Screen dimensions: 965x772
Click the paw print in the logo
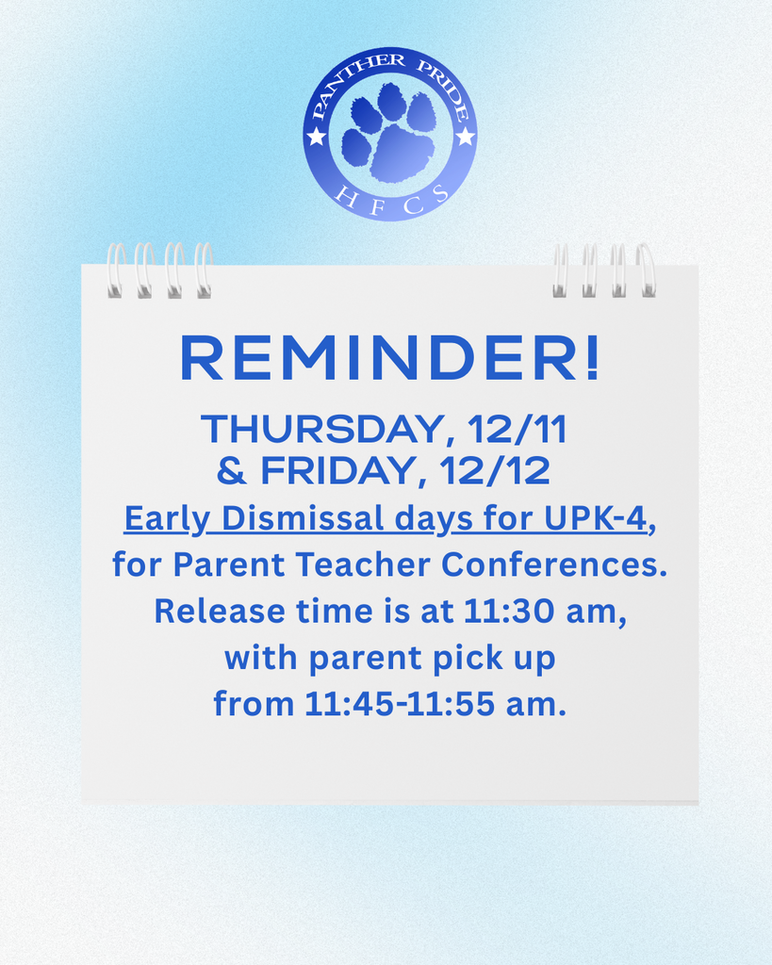389,134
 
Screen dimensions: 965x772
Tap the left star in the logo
317,137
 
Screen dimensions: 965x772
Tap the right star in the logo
465,137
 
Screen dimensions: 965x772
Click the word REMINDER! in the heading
389,359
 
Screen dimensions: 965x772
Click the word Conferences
553,564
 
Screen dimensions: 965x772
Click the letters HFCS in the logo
390,204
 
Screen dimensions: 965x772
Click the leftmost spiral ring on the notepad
115,270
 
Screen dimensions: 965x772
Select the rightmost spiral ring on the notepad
646,270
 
